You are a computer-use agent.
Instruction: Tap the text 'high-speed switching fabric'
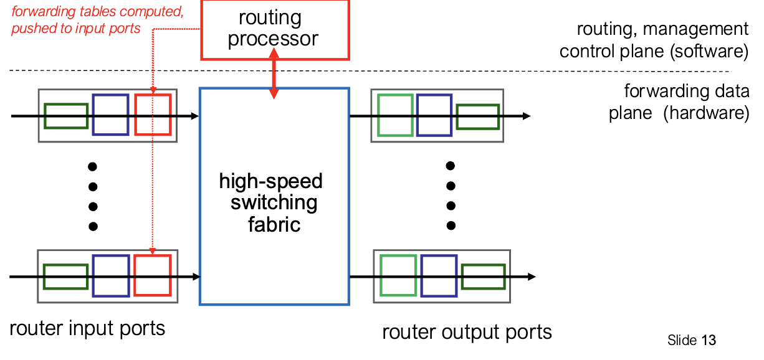tap(272, 202)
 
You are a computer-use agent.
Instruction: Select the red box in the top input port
tap(153, 115)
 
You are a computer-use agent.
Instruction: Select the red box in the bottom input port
tap(152, 275)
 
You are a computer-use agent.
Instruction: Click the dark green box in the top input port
tap(65, 115)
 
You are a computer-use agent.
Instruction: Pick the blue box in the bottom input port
tap(111, 275)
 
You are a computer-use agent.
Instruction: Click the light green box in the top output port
tap(395, 115)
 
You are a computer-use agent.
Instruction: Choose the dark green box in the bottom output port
tap(483, 277)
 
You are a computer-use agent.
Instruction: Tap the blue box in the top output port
tap(434, 115)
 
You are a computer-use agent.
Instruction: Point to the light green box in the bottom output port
tap(399, 275)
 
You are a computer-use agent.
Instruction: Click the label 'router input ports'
tap(88, 328)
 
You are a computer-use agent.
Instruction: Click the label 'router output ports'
tap(467, 331)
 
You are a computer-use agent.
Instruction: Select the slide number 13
tap(709, 340)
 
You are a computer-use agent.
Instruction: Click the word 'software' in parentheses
tap(709, 51)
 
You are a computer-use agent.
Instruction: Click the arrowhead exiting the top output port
tap(527, 116)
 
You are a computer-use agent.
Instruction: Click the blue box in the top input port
tap(110, 115)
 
